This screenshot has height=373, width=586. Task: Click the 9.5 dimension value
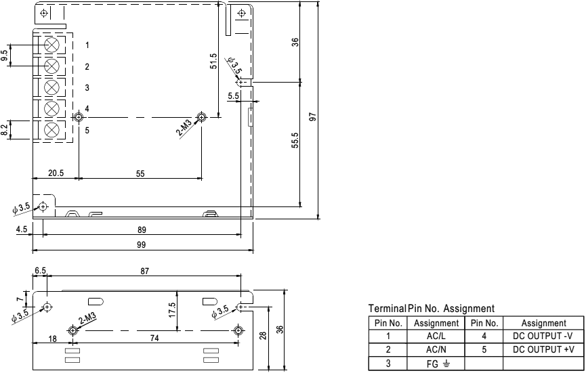(6, 56)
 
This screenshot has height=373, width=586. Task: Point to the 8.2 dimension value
(6, 130)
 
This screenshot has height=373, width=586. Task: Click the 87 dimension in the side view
(145, 271)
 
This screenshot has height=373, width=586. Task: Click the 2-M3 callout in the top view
(186, 127)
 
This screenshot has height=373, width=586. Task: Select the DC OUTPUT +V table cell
(543, 349)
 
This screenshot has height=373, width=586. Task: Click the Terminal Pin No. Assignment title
(431, 309)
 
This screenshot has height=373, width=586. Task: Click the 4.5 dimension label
(21, 229)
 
